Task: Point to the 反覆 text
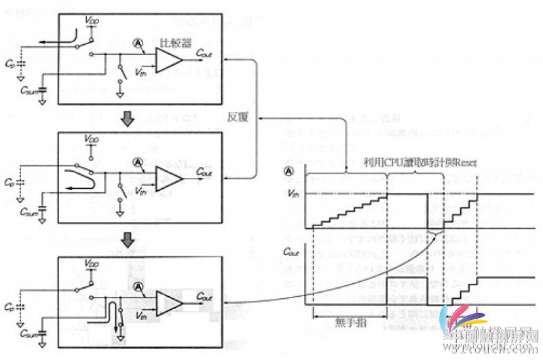tap(237, 117)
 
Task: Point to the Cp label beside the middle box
tap(9, 183)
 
